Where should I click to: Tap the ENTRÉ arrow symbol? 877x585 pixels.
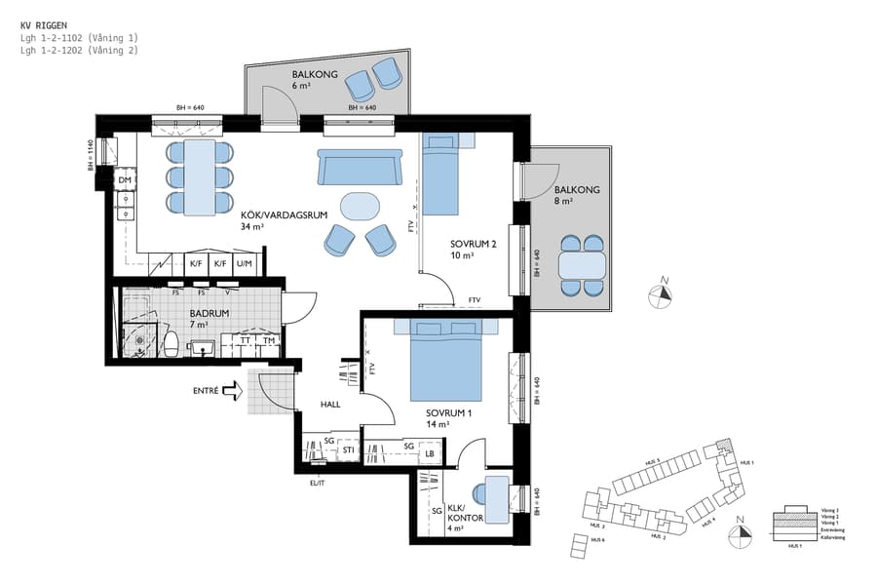point(232,391)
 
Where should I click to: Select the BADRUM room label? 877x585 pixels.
point(210,313)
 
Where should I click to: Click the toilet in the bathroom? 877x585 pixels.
point(172,342)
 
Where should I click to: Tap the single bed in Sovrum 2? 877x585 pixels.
point(439,175)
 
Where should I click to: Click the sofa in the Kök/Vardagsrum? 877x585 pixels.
point(359,168)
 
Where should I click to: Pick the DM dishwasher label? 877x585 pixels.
point(125,181)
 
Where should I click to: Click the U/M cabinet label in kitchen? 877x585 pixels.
point(244,263)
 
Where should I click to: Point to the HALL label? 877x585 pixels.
point(330,404)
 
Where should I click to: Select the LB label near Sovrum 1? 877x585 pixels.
point(430,453)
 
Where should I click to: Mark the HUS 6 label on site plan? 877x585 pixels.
point(596,539)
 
